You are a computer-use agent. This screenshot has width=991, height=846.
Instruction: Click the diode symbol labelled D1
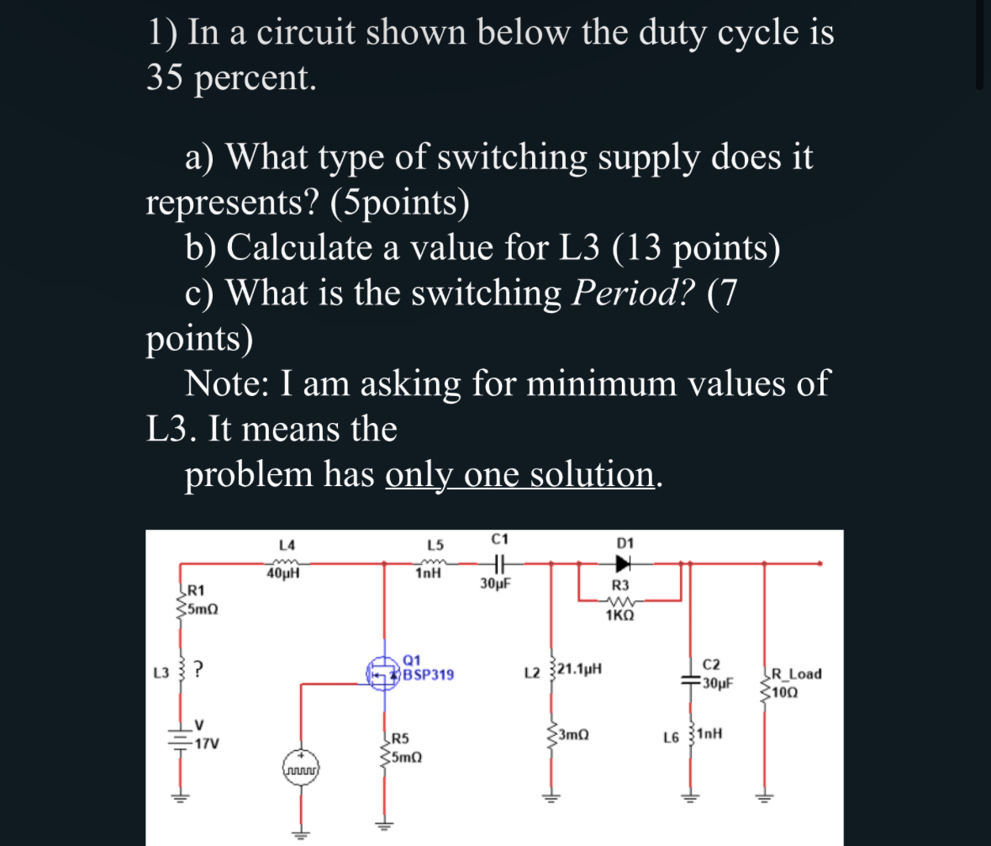click(624, 563)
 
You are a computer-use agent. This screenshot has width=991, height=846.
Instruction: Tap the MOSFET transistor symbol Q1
click(385, 674)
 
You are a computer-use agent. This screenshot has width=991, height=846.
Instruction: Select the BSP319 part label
click(429, 674)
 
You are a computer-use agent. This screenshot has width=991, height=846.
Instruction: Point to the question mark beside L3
click(199, 671)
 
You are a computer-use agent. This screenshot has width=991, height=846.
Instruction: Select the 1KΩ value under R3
click(619, 615)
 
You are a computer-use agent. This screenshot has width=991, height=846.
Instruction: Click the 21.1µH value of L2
click(573, 670)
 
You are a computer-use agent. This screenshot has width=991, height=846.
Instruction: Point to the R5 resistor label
click(400, 740)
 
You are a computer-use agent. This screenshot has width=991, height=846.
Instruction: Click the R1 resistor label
click(196, 590)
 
